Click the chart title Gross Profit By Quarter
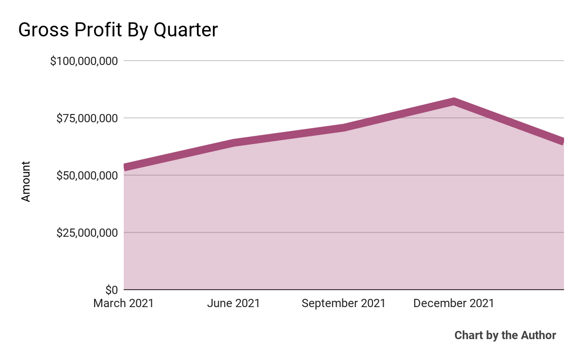pos(118,30)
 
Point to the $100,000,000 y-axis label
pos(84,61)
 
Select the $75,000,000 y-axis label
pos(87,118)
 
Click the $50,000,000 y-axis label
pos(87,176)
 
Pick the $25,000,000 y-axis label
pos(87,233)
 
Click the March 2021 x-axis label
pos(124,304)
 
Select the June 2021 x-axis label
pos(233,304)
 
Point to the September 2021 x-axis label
pos(343,304)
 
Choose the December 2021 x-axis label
pos(453,304)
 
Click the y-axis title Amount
pos(26,181)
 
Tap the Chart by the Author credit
pos(505,335)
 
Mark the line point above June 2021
pos(234,143)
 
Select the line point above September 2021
pos(343,128)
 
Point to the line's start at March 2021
pos(125,167)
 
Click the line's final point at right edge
pos(563,141)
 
